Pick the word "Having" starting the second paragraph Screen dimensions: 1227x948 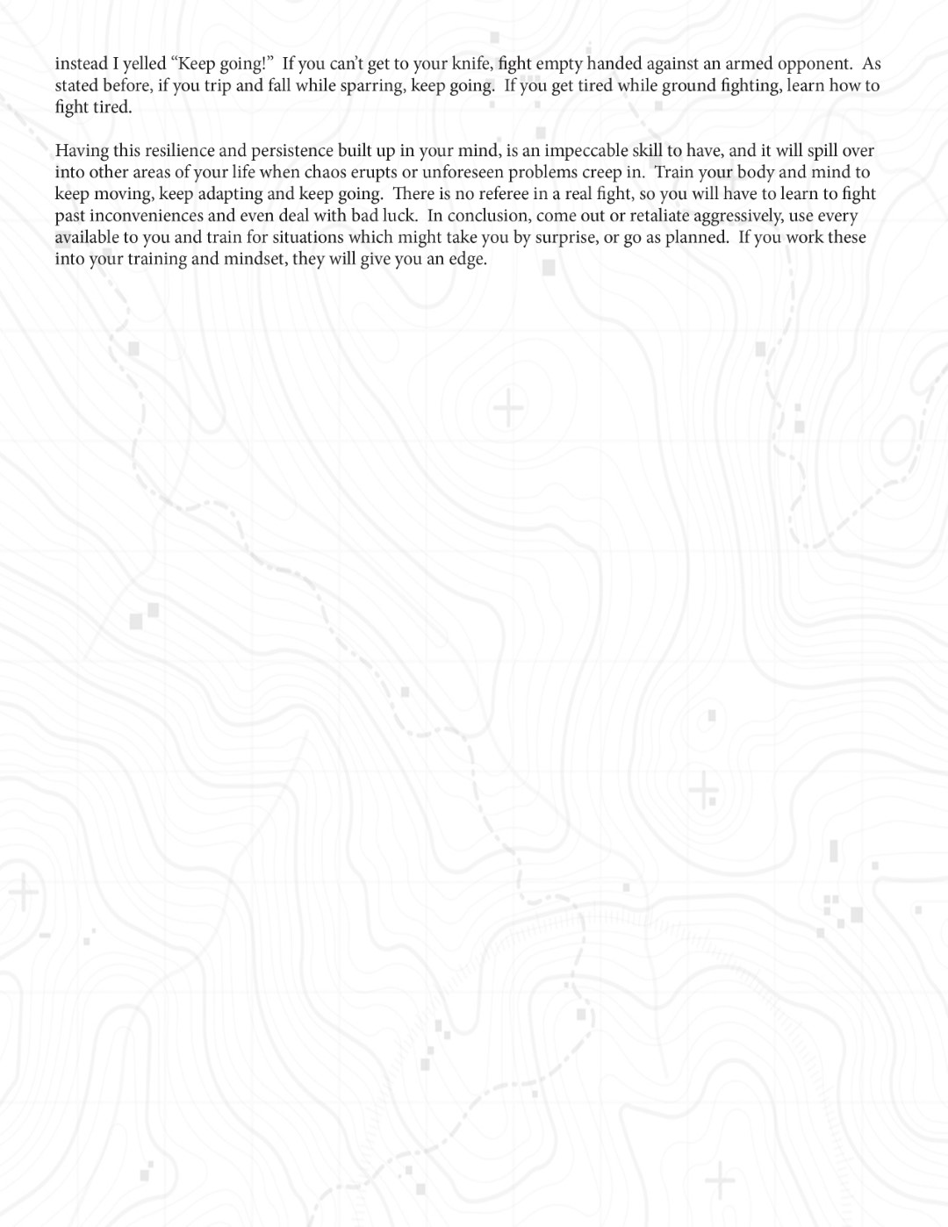(x=82, y=151)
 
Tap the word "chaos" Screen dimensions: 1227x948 (x=326, y=172)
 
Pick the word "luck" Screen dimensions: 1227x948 (x=399, y=216)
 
